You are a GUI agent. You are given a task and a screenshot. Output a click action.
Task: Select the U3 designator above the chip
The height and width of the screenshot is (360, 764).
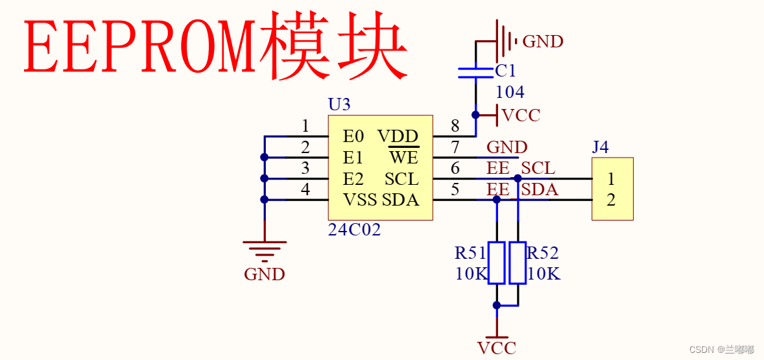click(x=339, y=104)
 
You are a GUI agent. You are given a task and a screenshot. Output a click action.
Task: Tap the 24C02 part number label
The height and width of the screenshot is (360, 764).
click(x=354, y=230)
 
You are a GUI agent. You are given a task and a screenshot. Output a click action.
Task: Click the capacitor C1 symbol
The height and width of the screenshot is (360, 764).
click(x=475, y=73)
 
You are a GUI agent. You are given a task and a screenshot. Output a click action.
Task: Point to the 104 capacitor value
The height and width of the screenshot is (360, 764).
click(x=510, y=92)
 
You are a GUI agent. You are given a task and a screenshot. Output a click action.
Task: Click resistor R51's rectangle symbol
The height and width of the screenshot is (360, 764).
click(x=497, y=263)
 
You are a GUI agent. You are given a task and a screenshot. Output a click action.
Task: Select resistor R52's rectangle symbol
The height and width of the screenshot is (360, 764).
click(x=518, y=263)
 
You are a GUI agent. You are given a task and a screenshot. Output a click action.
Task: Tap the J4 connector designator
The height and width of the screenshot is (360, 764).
click(x=600, y=147)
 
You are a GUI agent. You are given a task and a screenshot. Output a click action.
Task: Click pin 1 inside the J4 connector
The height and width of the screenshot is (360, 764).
click(x=611, y=178)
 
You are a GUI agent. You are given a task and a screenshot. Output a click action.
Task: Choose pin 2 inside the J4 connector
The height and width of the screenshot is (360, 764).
click(x=611, y=200)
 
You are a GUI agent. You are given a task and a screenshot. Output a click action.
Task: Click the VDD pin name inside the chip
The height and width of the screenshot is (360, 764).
click(x=398, y=136)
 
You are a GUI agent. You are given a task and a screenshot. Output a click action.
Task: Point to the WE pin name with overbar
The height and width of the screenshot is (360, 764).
click(x=403, y=158)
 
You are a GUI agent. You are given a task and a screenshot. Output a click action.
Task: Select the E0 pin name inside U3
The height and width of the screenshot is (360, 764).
click(x=353, y=136)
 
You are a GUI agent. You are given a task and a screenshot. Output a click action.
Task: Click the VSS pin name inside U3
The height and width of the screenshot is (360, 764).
click(x=360, y=200)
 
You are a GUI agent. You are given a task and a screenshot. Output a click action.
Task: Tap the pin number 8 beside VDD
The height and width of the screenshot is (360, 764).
click(x=455, y=126)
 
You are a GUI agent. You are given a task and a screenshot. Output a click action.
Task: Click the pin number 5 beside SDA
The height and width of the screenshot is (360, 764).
click(x=455, y=190)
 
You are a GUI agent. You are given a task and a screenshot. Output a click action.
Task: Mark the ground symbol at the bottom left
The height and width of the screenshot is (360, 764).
click(x=265, y=250)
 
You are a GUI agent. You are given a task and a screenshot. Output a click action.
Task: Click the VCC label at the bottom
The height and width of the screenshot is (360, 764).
click(x=497, y=348)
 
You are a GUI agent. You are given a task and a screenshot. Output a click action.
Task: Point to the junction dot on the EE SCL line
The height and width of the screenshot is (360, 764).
click(x=518, y=178)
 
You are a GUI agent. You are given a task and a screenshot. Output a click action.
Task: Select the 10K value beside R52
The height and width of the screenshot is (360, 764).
click(x=543, y=274)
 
